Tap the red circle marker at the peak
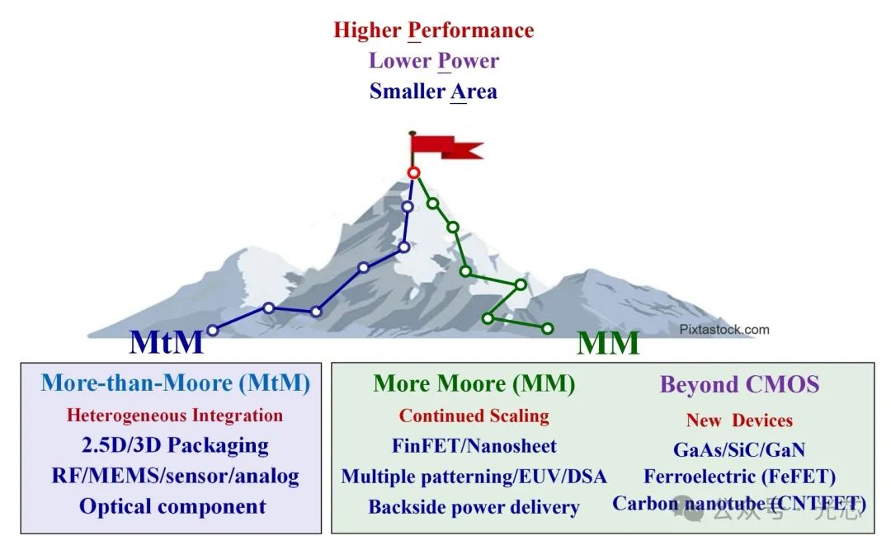coord(413,172)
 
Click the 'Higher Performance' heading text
coord(433,31)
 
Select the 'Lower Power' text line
coord(433,60)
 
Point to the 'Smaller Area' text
coord(433,91)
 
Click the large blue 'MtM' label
coord(166,341)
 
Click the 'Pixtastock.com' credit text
coord(724,330)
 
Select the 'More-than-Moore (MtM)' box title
coord(175,383)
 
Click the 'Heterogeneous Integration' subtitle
coord(175,415)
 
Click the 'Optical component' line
coord(172,506)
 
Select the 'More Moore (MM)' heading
coord(474,383)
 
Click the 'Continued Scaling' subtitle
coord(474,415)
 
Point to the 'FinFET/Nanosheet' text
coord(474,446)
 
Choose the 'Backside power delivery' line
coord(474,507)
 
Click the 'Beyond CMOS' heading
coord(739,384)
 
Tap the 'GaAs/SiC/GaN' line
coord(739,449)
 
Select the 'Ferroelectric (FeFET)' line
coord(739,477)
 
